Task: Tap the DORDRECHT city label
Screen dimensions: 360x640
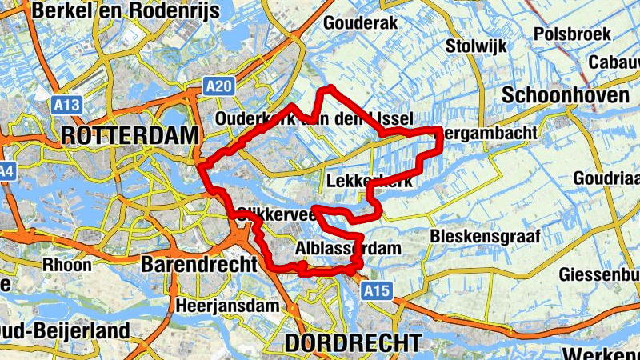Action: point(353,343)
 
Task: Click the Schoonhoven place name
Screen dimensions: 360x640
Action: point(566,95)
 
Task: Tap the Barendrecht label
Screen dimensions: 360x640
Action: point(199,264)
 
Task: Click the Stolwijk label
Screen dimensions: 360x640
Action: point(477,46)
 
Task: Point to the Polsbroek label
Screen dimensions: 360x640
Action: point(572,34)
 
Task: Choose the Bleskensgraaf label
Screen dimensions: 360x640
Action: point(486,236)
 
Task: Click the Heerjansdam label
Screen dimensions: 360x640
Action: point(228,305)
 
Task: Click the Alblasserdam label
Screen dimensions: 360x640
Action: point(347,249)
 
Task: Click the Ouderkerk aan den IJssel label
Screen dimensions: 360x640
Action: point(314,119)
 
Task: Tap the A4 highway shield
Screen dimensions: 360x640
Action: point(6,171)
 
